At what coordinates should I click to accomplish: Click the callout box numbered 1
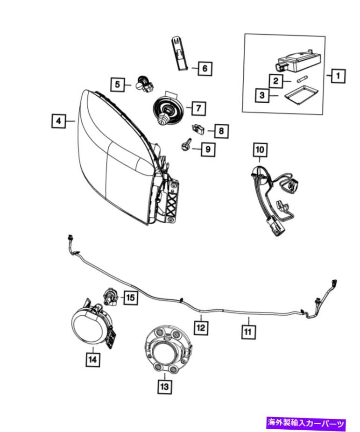click(338, 75)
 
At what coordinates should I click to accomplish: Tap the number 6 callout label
click(204, 69)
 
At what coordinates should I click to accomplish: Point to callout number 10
click(260, 150)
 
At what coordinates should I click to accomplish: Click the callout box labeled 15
click(130, 297)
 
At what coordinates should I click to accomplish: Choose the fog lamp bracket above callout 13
click(166, 348)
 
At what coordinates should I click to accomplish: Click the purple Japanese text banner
click(306, 424)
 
